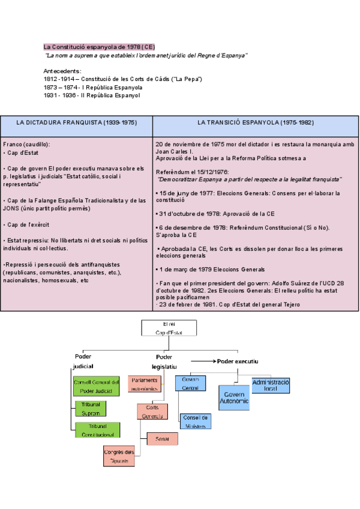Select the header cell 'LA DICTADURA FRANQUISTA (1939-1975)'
click(77, 122)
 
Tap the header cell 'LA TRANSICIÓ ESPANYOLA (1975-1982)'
click(256, 122)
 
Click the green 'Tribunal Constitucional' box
click(97, 430)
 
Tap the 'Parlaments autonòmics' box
click(145, 384)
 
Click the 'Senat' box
click(162, 439)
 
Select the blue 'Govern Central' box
click(191, 384)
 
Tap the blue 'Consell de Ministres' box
click(195, 422)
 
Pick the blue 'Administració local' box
click(271, 385)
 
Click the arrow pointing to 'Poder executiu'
click(203, 361)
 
